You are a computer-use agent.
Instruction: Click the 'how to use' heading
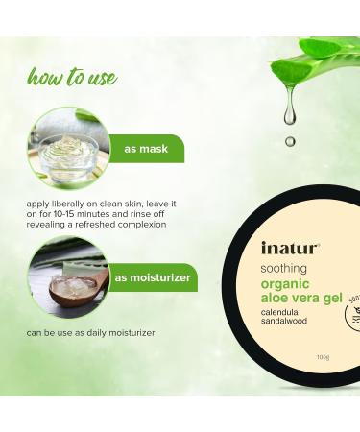tap(72, 77)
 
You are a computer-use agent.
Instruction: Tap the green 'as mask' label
tap(146, 149)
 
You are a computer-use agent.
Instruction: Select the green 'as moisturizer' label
tap(153, 277)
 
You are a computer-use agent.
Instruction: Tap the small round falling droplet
tap(290, 141)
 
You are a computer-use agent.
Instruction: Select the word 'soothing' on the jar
tap(283, 268)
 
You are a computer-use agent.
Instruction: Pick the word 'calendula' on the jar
tap(279, 312)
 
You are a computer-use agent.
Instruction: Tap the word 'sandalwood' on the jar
tap(284, 321)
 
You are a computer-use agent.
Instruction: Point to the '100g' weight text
tap(324, 357)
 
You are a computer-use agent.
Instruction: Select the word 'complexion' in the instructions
tap(142, 225)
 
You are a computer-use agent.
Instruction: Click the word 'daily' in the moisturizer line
tap(96, 333)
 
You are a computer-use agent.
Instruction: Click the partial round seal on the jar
tap(352, 312)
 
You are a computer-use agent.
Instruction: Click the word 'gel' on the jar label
tap(332, 298)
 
